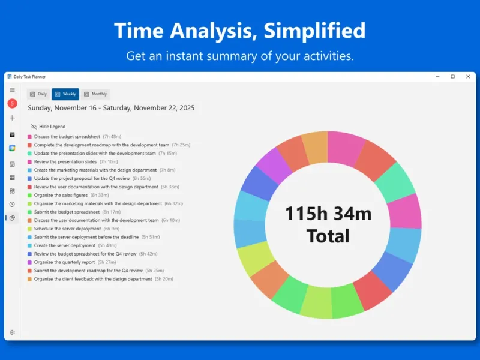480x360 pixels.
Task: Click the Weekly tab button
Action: point(65,94)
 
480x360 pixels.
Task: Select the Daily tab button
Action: point(38,94)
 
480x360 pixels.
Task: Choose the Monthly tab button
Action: point(95,94)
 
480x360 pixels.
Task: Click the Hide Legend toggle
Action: point(49,127)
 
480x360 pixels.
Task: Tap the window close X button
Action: point(468,77)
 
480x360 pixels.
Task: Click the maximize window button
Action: point(453,77)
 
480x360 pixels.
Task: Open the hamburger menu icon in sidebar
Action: point(12,89)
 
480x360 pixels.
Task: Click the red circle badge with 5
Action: point(12,103)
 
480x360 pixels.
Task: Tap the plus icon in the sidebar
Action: point(12,118)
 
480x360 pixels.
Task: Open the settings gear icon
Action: point(12,332)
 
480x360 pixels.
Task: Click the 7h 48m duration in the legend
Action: point(112,137)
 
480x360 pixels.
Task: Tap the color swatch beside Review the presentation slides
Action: point(29,162)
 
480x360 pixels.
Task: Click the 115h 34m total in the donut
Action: point(328,214)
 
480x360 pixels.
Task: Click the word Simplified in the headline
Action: point(314,31)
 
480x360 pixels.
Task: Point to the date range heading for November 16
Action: point(111,108)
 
